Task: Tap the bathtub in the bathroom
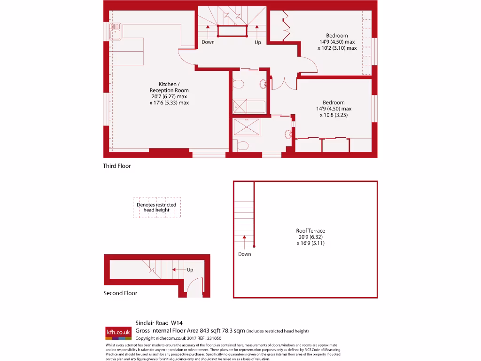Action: click(249, 107)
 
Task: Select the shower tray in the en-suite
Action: click(247, 127)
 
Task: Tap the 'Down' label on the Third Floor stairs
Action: click(208, 42)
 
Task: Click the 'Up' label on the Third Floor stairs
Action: click(257, 42)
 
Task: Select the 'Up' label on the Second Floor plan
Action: click(190, 270)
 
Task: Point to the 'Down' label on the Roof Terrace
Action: click(244, 254)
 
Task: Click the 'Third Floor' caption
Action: click(117, 166)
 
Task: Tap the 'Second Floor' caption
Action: click(120, 293)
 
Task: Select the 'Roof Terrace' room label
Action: click(310, 231)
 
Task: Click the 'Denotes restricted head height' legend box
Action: click(156, 207)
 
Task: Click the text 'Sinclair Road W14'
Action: click(159, 323)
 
